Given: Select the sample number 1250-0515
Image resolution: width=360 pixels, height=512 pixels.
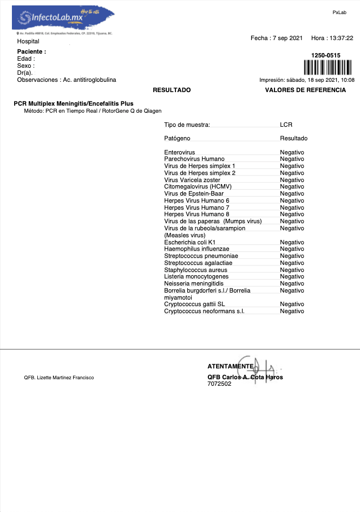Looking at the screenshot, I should tap(326, 55).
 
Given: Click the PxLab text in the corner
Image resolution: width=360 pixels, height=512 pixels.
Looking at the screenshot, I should tap(339, 12).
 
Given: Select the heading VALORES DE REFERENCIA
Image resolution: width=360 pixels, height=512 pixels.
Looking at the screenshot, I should tap(305, 90).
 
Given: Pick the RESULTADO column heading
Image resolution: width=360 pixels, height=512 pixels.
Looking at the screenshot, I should tap(172, 90).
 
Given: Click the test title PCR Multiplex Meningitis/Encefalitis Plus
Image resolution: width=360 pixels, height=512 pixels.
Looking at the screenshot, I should tap(73, 103).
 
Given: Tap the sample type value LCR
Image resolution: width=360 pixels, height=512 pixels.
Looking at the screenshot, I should tap(286, 125).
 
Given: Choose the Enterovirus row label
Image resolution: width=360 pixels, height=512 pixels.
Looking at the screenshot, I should tap(179, 152).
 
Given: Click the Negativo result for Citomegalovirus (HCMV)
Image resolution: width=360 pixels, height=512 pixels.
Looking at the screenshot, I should tap(292, 187).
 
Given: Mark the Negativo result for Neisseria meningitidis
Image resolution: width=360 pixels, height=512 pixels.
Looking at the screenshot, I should tap(292, 283).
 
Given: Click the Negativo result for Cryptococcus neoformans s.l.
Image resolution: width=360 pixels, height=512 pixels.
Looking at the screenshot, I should tap(292, 311).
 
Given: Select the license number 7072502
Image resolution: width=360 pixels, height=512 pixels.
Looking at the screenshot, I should tap(219, 384).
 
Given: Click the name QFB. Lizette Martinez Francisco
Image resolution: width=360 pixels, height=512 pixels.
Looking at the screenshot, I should tap(58, 378).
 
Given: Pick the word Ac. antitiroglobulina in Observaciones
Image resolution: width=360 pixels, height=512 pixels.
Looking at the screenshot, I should tap(89, 80).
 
